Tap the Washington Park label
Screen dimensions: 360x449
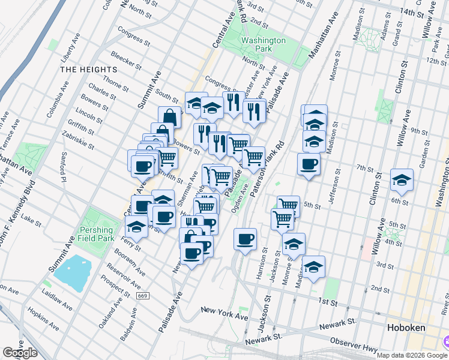click(264, 46)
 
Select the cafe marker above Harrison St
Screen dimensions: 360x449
click(245, 239)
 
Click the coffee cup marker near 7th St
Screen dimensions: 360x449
click(309, 164)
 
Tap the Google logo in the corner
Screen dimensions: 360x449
click(20, 353)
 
